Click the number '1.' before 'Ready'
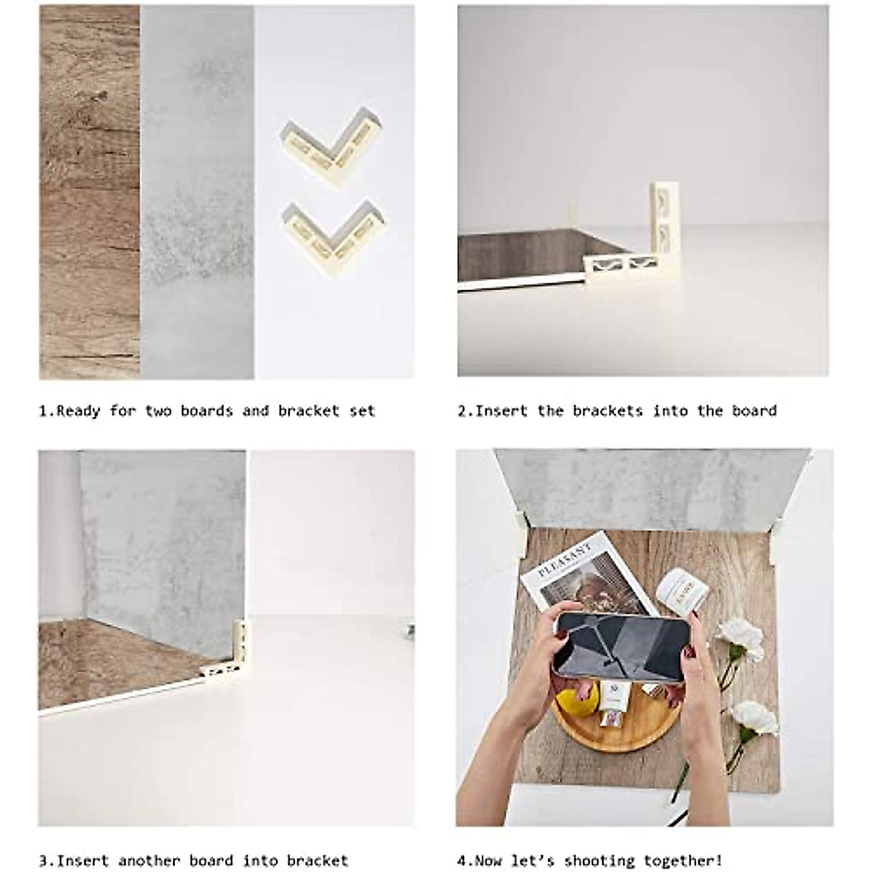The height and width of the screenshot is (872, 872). tap(46, 411)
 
